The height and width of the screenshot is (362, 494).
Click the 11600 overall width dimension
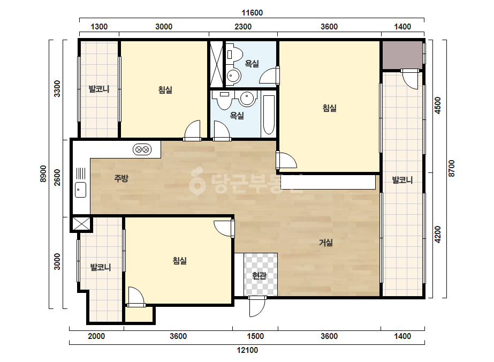pos(252,13)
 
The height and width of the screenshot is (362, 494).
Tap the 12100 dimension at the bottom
pos(247,350)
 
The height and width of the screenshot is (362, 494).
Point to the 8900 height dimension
pos(43,174)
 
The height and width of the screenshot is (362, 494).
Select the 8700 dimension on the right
pos(452,168)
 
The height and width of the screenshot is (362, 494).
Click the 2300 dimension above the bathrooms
pos(243,26)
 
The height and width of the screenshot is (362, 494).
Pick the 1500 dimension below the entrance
pos(255,336)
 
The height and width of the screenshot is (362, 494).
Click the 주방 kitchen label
pos(121,178)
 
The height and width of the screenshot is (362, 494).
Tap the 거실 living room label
pos(326,243)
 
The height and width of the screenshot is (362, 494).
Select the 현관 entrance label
pos(259,276)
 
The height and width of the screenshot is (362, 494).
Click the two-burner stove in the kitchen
pos(142,149)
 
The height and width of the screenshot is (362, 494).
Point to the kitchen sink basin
pos(81,190)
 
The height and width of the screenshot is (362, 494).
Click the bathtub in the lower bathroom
pos(269,115)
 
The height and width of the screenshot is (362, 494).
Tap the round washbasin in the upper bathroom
pos(234,76)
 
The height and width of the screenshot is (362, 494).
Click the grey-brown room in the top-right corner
pos(402,55)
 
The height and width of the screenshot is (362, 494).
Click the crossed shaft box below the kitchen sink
pos(81,223)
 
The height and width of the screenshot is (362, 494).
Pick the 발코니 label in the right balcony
pos(402,180)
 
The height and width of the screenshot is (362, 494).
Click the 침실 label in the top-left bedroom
pos(165,90)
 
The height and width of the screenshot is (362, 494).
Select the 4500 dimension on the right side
pos(438,105)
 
